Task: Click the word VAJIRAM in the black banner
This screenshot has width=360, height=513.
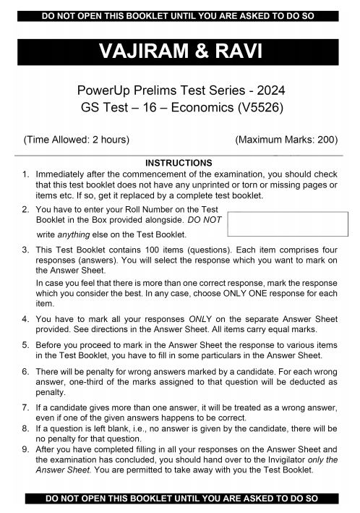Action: coord(137,51)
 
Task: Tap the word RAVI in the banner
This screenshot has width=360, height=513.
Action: coord(229,51)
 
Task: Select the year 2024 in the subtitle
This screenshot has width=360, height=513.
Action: coord(268,91)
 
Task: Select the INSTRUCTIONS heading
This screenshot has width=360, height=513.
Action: coord(179,163)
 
